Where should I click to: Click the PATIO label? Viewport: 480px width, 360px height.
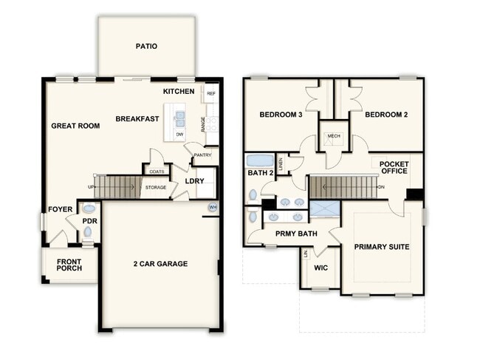pyautogui.click(x=146, y=47)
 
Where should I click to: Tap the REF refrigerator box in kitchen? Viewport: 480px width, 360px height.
pyautogui.click(x=211, y=93)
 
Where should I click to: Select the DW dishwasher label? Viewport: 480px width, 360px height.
pyautogui.click(x=179, y=135)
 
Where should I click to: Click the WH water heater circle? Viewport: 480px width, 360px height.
pyautogui.click(x=213, y=208)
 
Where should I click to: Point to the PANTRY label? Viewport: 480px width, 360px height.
pyautogui.click(x=202, y=155)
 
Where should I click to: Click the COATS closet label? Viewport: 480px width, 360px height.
pyautogui.click(x=157, y=171)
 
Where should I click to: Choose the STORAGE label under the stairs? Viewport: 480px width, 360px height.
pyautogui.click(x=156, y=187)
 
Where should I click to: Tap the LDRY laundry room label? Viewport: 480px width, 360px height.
pyautogui.click(x=194, y=181)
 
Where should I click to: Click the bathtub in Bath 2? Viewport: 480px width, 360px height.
pyautogui.click(x=260, y=160)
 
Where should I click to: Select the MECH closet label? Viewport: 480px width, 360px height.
pyautogui.click(x=334, y=136)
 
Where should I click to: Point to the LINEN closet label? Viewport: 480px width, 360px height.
pyautogui.click(x=281, y=164)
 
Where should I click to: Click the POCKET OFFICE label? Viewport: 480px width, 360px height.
pyautogui.click(x=394, y=168)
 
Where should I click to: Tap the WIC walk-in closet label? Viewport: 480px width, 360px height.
pyautogui.click(x=320, y=268)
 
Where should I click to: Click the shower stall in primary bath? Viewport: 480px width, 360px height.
pyautogui.click(x=325, y=208)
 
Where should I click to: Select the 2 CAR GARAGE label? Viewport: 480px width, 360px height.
pyautogui.click(x=160, y=264)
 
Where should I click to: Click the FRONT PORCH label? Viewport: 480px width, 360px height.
pyautogui.click(x=69, y=265)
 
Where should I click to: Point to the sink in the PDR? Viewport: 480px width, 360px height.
pyautogui.click(x=89, y=208)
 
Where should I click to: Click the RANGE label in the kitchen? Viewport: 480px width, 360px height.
pyautogui.click(x=202, y=124)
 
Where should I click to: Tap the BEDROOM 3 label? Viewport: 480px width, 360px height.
pyautogui.click(x=281, y=115)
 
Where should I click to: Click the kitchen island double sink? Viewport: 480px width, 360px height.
pyautogui.click(x=179, y=119)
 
